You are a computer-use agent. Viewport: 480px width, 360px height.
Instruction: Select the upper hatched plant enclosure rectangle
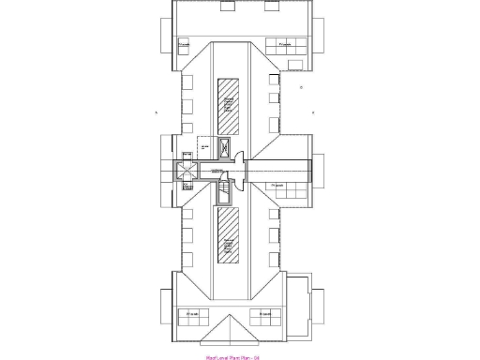point(228,104)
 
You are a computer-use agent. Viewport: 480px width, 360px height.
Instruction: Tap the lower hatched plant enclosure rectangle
point(228,235)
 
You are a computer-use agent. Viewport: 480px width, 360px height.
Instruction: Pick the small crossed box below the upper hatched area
point(225,145)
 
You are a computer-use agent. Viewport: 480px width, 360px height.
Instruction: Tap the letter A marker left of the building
point(157,112)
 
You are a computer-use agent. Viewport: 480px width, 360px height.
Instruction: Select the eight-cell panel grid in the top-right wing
point(282,43)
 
